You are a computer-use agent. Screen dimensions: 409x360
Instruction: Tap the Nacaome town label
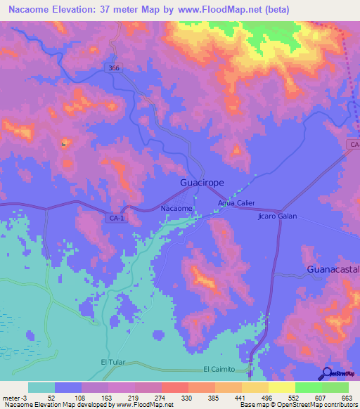click(176, 209)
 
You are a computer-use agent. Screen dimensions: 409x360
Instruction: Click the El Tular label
click(112, 362)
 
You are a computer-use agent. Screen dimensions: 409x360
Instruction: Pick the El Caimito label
click(221, 368)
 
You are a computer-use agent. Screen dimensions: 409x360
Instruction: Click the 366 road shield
click(115, 67)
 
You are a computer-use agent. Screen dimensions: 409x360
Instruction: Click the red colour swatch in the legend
click(174, 387)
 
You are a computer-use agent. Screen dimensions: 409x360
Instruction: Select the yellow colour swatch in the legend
click(282, 387)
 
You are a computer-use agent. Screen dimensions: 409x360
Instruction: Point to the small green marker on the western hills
click(64, 144)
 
